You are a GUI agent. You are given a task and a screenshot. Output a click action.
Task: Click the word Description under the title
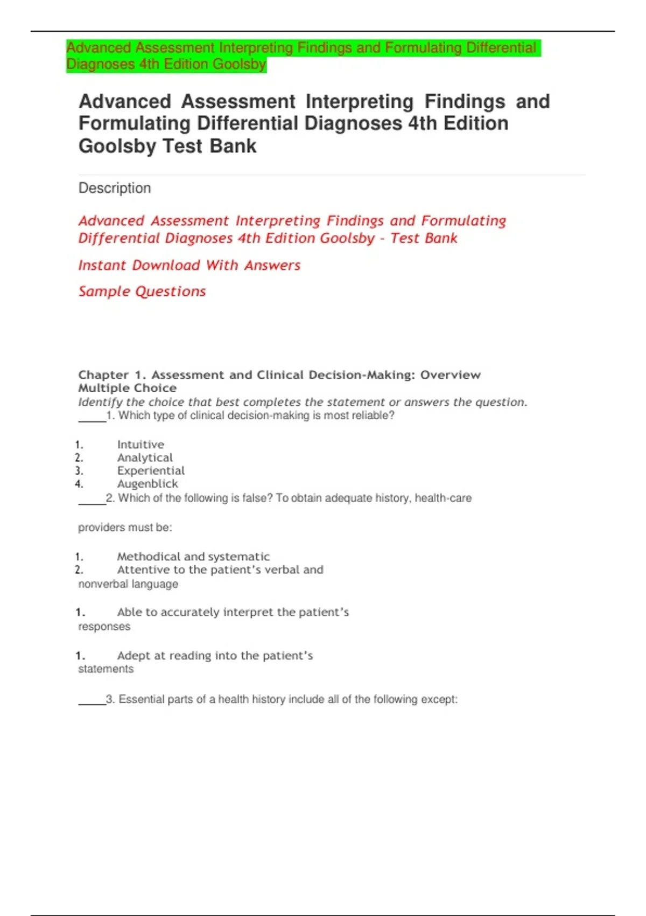pyautogui.click(x=115, y=188)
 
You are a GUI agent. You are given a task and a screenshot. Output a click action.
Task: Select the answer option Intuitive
pyautogui.click(x=141, y=445)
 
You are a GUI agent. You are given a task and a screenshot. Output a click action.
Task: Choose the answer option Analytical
pyautogui.click(x=145, y=457)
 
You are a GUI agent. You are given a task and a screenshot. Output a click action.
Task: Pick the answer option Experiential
pyautogui.click(x=151, y=470)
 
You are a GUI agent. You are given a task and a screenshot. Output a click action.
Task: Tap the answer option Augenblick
pyautogui.click(x=148, y=484)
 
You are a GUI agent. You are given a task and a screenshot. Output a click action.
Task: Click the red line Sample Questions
pyautogui.click(x=142, y=292)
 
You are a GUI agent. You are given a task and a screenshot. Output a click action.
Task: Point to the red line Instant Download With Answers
pyautogui.click(x=189, y=265)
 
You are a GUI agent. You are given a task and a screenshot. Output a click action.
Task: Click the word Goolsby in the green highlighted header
pyautogui.click(x=239, y=64)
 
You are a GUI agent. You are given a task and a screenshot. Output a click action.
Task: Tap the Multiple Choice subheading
pyautogui.click(x=127, y=388)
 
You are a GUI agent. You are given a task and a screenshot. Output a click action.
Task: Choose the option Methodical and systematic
pyautogui.click(x=193, y=557)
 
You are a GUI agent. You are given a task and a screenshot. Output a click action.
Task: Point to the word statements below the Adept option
pyautogui.click(x=106, y=669)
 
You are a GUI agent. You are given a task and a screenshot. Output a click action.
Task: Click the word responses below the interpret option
pyautogui.click(x=104, y=627)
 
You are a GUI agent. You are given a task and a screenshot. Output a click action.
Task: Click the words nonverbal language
pyautogui.click(x=128, y=584)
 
